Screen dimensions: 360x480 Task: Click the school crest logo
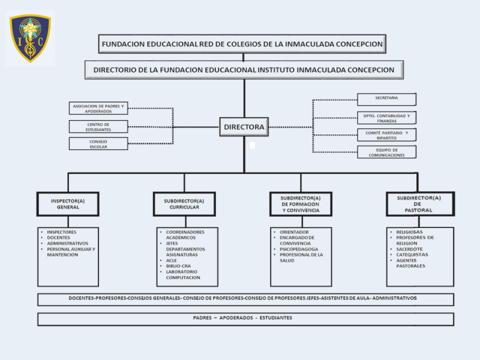30,38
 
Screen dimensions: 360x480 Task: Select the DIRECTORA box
244,127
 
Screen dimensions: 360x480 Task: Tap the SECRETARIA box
386,98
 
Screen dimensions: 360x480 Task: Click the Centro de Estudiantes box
98,127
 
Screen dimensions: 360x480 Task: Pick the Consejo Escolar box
98,144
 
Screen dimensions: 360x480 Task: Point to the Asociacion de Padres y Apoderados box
98,109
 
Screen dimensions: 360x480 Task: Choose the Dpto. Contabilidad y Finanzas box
386,118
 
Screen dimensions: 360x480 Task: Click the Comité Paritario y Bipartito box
386,135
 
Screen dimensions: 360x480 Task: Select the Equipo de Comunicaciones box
386,152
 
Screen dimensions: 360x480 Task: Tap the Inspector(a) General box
68,204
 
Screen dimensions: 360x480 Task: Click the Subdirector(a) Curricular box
184,204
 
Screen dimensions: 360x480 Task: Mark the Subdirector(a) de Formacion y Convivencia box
301,204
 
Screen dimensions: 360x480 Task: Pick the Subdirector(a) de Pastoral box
419,204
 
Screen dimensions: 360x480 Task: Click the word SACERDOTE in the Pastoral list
409,248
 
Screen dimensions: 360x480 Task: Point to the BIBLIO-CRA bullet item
179,266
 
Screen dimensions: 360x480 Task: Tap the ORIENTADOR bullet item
294,232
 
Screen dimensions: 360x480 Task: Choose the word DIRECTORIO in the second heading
118,70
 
